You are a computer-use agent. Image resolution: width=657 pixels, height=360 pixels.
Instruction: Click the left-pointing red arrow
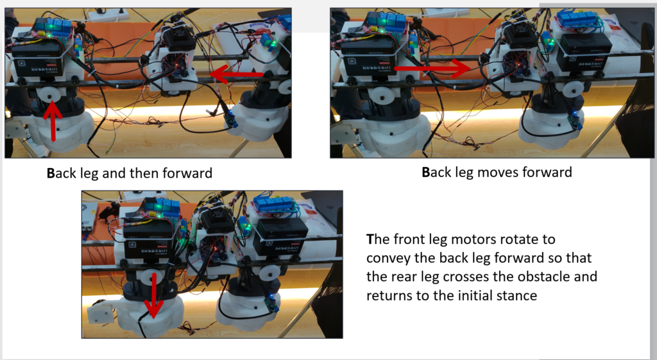pyautogui.click(x=236, y=74)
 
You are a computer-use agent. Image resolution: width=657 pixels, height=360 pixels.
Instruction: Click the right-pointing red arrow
pyautogui.click(x=434, y=67)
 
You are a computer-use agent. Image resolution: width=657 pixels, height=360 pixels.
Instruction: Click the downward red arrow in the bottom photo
pyautogui.click(x=154, y=296)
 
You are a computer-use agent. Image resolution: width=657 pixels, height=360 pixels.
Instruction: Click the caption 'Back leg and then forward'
pyautogui.click(x=130, y=173)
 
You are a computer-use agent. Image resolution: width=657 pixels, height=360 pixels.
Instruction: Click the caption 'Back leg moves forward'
pyautogui.click(x=497, y=172)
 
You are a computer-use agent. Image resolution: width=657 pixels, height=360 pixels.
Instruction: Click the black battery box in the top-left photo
pyautogui.click(x=38, y=60)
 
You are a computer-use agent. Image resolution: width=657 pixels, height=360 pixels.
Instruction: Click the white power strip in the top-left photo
pyautogui.click(x=108, y=15)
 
